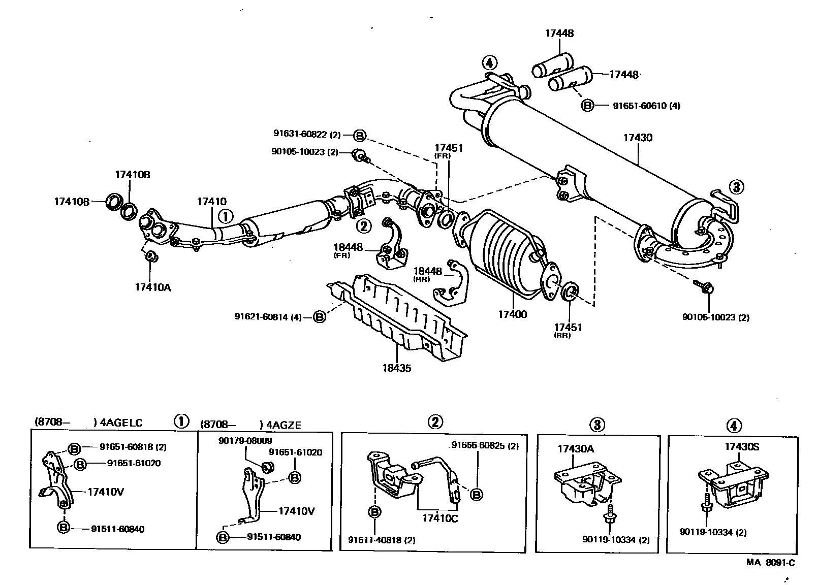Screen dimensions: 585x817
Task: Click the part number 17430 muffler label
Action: (638, 138)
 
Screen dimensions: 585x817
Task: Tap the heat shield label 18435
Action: (397, 368)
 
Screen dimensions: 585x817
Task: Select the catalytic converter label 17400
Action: (512, 314)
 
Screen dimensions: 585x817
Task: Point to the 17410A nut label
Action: (152, 287)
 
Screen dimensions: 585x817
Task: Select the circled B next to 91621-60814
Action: (319, 317)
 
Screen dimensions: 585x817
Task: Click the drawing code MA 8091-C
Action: (770, 562)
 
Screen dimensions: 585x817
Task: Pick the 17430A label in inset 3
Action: (576, 449)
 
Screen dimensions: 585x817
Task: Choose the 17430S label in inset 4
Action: (741, 447)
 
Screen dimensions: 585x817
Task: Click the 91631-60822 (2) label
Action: (307, 135)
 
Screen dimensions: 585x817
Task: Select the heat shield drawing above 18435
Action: (401, 315)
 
